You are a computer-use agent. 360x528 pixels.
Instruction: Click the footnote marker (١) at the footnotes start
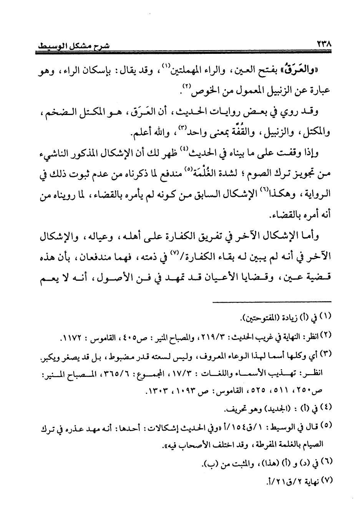pos(324,318)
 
